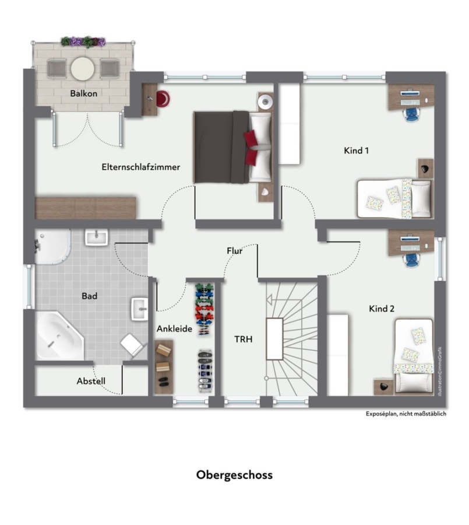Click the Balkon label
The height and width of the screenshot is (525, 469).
pyautogui.click(x=84, y=93)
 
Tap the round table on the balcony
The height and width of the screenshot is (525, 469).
pyautogui.click(x=83, y=69)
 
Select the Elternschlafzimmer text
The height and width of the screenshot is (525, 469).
pyautogui.click(x=141, y=167)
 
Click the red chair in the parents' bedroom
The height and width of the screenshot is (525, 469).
pyautogui.click(x=163, y=99)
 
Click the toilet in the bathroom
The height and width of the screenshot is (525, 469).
pyautogui.click(x=132, y=345)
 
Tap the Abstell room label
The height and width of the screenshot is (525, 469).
pyautogui.click(x=91, y=381)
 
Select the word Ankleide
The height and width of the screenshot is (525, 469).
pyautogui.click(x=174, y=329)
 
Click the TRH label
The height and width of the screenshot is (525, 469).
pyautogui.click(x=243, y=339)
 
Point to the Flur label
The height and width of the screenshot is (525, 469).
pyautogui.click(x=234, y=250)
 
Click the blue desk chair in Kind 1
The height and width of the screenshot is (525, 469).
pyautogui.click(x=412, y=114)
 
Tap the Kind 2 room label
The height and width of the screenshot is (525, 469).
pyautogui.click(x=382, y=309)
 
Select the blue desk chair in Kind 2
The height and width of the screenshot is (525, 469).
pyautogui.click(x=411, y=260)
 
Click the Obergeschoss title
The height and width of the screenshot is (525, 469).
pyautogui.click(x=234, y=475)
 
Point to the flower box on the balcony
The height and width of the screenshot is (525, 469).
pyautogui.click(x=83, y=42)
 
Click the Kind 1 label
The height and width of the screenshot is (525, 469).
pyautogui.click(x=357, y=150)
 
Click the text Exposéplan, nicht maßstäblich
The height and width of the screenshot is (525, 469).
pyautogui.click(x=405, y=414)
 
